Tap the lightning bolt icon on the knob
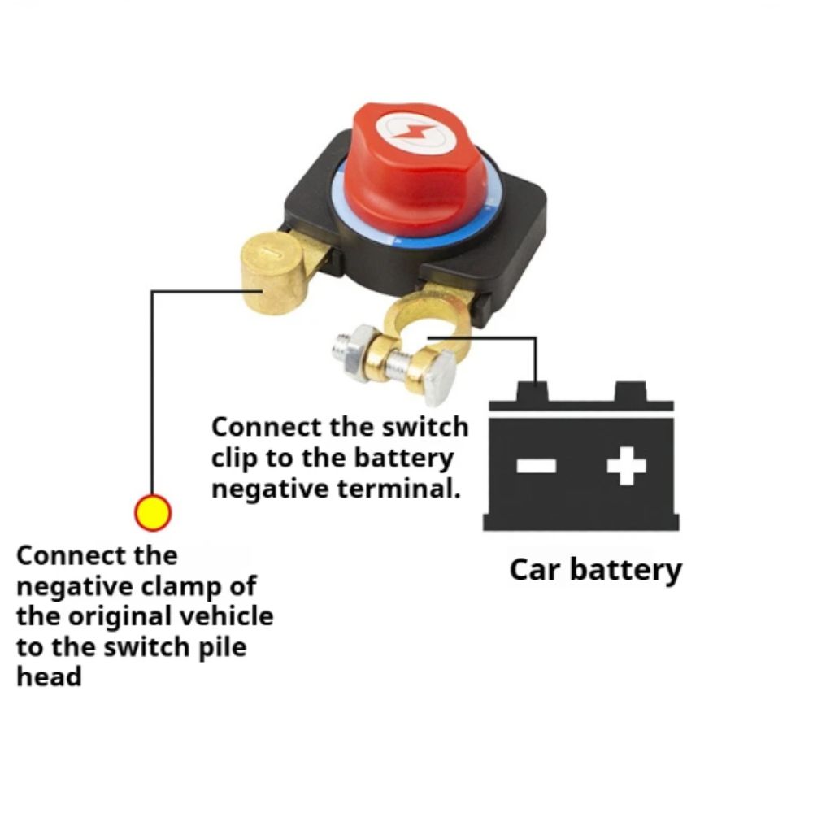click(406, 130)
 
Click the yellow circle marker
click(152, 513)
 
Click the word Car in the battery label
click(536, 569)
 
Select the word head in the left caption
click(49, 676)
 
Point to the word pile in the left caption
click(220, 646)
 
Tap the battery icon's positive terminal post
click(633, 393)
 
